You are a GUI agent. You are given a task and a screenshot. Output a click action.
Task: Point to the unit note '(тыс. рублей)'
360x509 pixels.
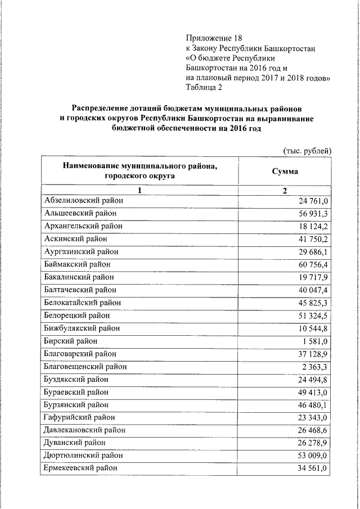click(307, 150)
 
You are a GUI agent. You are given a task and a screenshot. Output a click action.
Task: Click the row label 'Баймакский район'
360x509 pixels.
click(77, 264)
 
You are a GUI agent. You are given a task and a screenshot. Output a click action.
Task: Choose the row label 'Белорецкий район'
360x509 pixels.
click(76, 315)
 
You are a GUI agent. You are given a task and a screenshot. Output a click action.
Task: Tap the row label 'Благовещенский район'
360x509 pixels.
click(85, 366)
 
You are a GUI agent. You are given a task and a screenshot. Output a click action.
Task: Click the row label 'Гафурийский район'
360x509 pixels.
click(79, 417)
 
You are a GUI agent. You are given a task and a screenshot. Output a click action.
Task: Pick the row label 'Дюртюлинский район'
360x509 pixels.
click(83, 455)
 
